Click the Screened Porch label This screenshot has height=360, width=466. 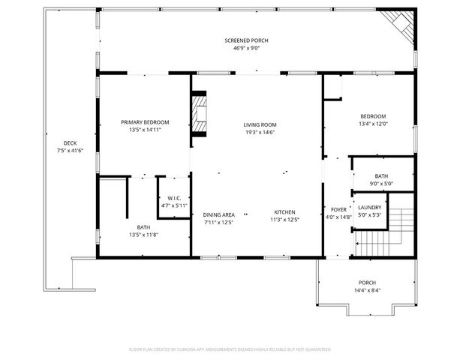(x=246, y=40)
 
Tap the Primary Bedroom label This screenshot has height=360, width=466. (x=146, y=122)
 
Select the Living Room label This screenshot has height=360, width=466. (x=260, y=124)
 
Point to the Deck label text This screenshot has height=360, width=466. (x=70, y=143)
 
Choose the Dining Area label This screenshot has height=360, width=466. (x=219, y=214)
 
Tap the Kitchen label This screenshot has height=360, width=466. (x=284, y=212)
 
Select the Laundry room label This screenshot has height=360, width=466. (x=370, y=207)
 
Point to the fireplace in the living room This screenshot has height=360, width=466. (x=200, y=115)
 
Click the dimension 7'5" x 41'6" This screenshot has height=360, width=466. (x=70, y=151)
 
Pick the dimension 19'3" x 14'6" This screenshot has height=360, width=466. (x=260, y=132)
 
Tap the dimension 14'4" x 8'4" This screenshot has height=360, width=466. (x=367, y=290)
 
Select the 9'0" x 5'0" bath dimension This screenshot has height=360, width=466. (x=382, y=184)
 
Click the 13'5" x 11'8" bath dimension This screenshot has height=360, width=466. (x=143, y=235)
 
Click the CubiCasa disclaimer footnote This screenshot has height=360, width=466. (x=230, y=349)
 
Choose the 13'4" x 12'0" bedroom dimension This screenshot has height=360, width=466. (x=373, y=124)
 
